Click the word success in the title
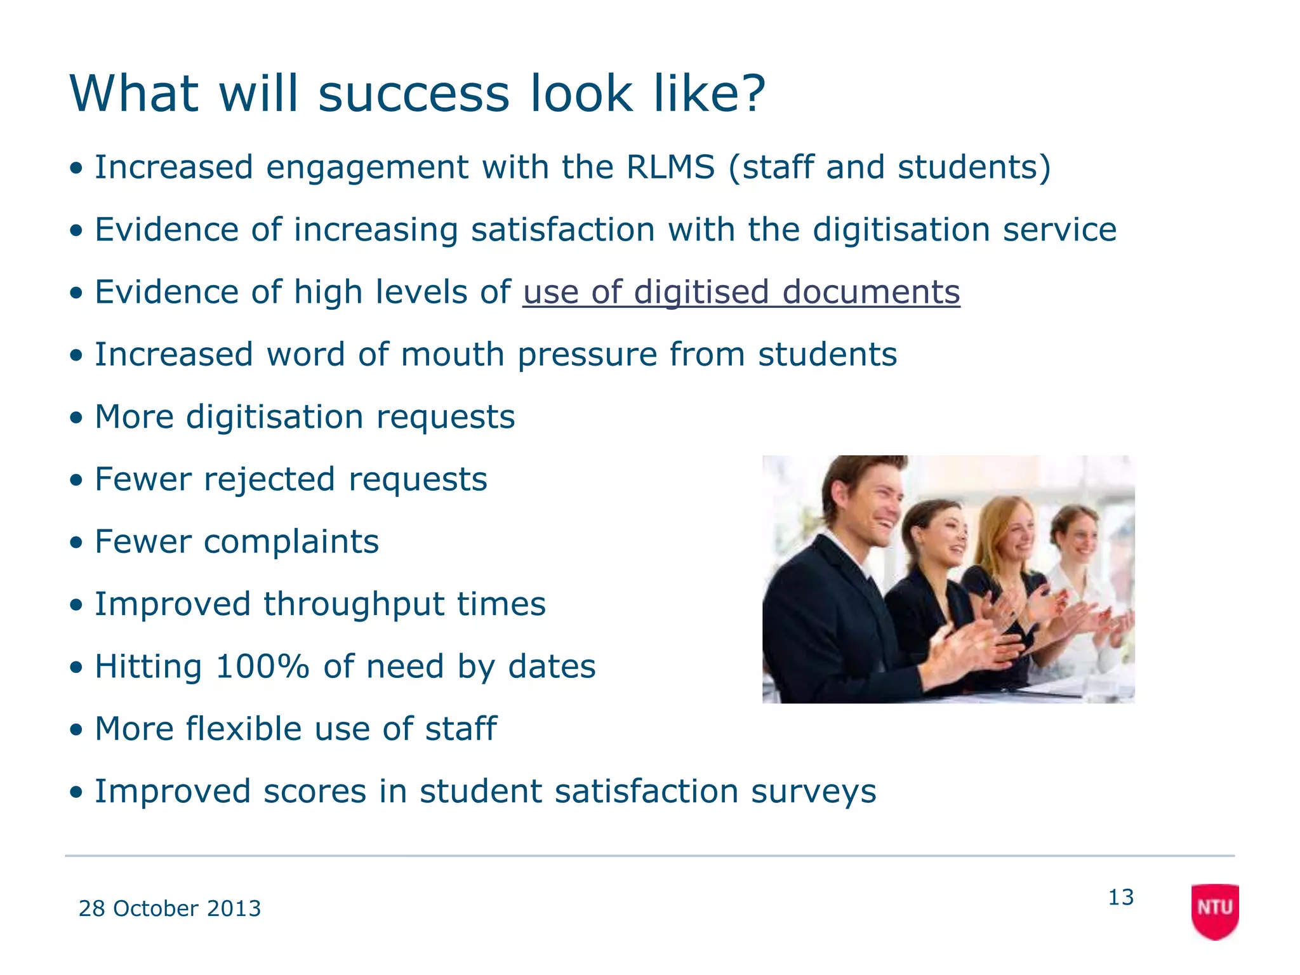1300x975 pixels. pos(413,94)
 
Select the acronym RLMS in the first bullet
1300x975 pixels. pos(670,168)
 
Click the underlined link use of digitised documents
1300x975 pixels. pos(741,293)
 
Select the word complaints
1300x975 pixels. pos(291,542)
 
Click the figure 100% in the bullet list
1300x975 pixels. pos(262,667)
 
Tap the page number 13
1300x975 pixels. pos(1120,897)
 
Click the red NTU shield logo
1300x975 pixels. pos(1214,910)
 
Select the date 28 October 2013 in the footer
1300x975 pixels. pos(169,908)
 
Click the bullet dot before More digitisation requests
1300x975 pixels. pos(77,418)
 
